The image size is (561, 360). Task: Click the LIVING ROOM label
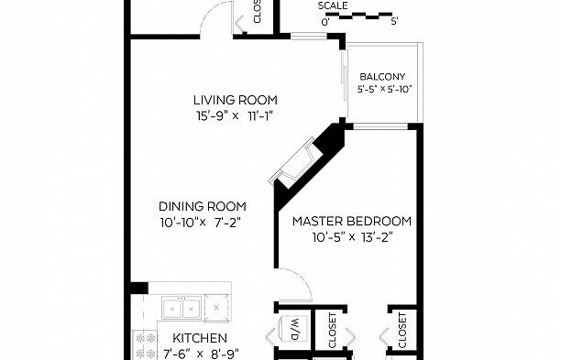pyautogui.click(x=235, y=100)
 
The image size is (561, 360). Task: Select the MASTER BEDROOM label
pyautogui.click(x=351, y=221)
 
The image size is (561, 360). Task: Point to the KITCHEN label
pyautogui.click(x=195, y=338)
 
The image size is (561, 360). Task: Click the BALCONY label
pyautogui.click(x=381, y=77)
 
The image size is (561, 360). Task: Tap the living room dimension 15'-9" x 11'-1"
pyautogui.click(x=235, y=115)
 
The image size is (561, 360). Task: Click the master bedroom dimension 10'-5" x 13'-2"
pyautogui.click(x=351, y=236)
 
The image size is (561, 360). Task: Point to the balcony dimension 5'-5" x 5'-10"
pyautogui.click(x=385, y=90)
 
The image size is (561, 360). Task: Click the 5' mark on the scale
pyautogui.click(x=393, y=21)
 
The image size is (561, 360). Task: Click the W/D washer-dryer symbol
pyautogui.click(x=295, y=328)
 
